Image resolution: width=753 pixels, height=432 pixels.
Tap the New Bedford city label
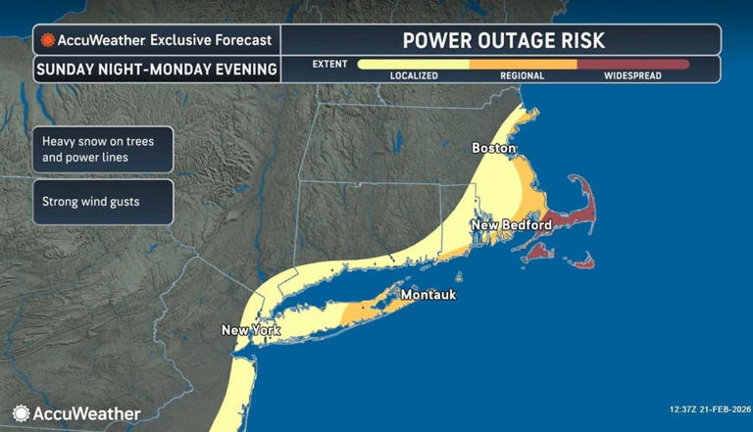point(511,225)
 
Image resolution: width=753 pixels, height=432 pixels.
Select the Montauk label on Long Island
point(428,294)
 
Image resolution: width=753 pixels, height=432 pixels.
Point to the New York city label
point(251,330)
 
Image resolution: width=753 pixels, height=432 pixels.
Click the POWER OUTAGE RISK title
point(504,40)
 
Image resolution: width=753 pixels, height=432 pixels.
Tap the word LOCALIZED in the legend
point(413,75)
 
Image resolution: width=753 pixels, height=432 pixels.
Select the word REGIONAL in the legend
point(523,75)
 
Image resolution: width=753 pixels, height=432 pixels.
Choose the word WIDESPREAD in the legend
point(632,75)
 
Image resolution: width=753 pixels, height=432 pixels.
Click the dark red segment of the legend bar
point(633,64)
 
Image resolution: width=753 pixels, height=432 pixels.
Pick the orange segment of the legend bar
point(523,64)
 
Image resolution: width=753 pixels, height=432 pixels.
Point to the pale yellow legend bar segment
point(413,64)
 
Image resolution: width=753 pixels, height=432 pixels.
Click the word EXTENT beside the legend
point(329,64)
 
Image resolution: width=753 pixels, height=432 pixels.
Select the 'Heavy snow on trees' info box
point(102,149)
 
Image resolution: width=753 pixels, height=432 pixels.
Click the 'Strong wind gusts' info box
point(102,202)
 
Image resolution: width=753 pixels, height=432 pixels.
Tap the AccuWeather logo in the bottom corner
point(76,413)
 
